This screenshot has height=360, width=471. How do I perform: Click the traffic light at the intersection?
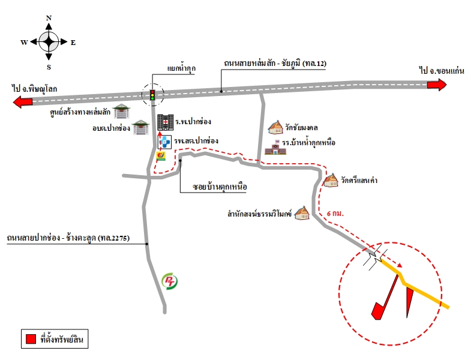pos(152,95)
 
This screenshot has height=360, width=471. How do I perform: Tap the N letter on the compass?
pos(49,18)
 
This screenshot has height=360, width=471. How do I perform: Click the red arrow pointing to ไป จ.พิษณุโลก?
pos(23,102)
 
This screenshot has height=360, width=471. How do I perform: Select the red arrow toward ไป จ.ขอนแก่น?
pos(437,85)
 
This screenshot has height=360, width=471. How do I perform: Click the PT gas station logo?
pos(169,281)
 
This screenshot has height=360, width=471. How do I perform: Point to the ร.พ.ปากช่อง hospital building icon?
pos(166,122)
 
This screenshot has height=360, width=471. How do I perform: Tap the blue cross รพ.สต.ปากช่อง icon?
pos(164,142)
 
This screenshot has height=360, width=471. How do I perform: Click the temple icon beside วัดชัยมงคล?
pos(275,127)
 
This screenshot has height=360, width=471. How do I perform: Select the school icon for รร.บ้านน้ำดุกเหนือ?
pos(275,148)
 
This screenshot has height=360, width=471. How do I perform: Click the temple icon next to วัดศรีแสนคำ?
pos(331,181)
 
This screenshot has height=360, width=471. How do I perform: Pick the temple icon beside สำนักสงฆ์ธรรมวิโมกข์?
pos(302,213)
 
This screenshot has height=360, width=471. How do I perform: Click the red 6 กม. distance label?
pos(335,214)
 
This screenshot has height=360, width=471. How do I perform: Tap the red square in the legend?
pos(31,339)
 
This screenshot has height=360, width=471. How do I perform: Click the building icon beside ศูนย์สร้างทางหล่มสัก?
pos(122,111)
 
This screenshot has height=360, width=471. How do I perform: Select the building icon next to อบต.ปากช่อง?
pos(141,127)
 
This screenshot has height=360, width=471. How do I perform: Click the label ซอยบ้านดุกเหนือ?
pos(220,187)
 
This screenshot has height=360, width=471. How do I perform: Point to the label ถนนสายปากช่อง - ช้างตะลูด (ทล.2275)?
pos(68,238)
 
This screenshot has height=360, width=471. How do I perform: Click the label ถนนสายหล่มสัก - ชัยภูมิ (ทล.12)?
pos(275,64)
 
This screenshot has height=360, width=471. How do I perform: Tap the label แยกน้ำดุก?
pos(181,68)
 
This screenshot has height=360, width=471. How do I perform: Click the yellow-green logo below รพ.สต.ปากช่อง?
pos(161,156)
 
